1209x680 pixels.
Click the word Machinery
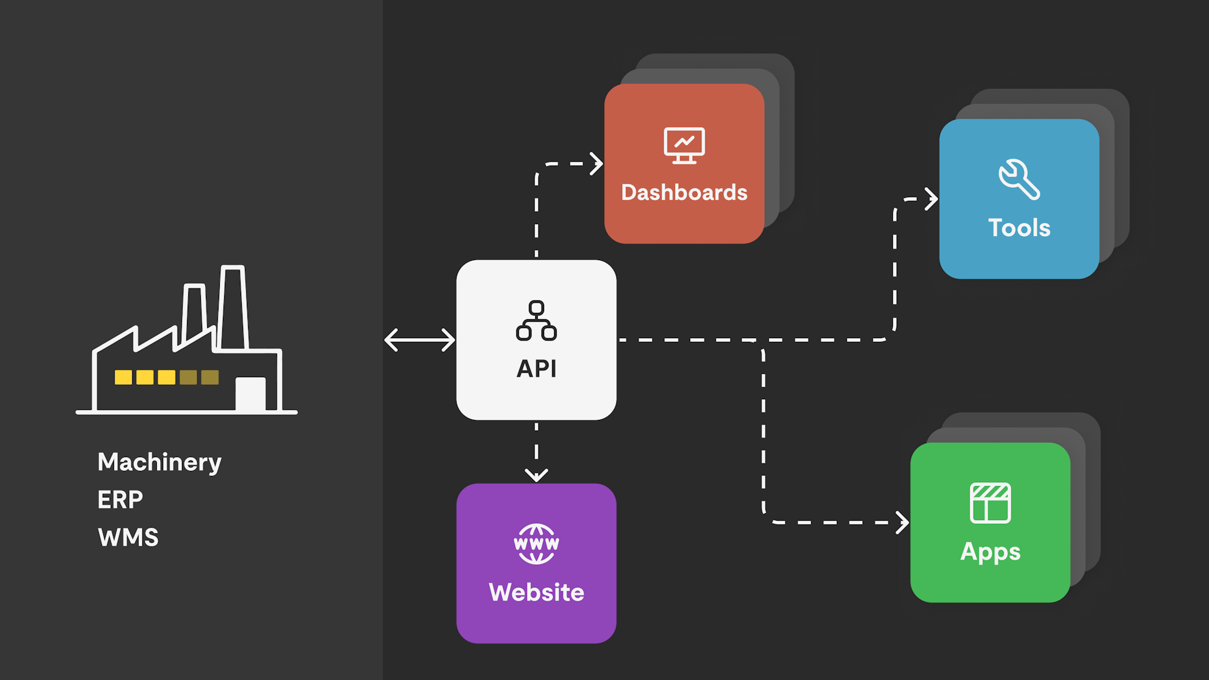(159, 463)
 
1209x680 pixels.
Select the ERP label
(120, 500)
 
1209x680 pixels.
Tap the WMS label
(128, 538)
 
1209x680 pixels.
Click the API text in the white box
(536, 368)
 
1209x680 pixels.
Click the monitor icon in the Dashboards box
(684, 145)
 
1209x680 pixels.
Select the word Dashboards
(684, 193)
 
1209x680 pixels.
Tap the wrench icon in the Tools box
(1019, 179)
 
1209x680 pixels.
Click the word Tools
(1019, 228)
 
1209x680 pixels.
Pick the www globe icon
(536, 544)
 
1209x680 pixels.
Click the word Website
(536, 592)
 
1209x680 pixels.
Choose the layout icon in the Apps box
(990, 503)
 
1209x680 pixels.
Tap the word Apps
(990, 552)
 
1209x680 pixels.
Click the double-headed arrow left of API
(419, 340)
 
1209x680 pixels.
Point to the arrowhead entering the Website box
(536, 475)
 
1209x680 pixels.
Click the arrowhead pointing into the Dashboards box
(596, 164)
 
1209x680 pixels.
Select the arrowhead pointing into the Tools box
(931, 199)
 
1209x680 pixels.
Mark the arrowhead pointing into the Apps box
(903, 523)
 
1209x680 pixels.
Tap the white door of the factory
(251, 394)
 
